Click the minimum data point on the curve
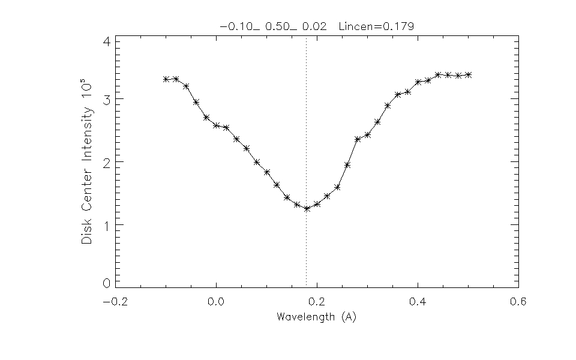[307, 209]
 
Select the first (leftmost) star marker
[166, 79]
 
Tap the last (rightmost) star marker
[468, 75]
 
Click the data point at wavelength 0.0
[216, 125]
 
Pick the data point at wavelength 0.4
[418, 82]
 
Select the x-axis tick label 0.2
[317, 302]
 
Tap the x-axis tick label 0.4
[418, 302]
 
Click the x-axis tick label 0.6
[518, 302]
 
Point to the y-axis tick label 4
[106, 43]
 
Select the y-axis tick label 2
[106, 162]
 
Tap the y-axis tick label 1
[106, 225]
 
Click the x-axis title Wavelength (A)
[316, 317]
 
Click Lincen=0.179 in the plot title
[376, 26]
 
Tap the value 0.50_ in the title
[286, 26]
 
